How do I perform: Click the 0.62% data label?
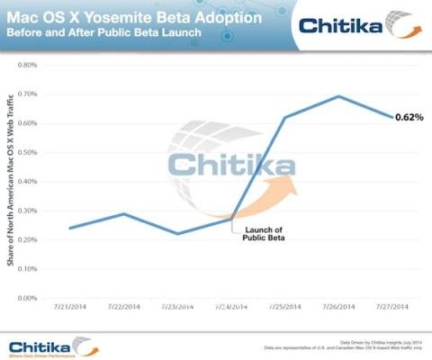point(409,117)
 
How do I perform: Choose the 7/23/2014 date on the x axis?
point(176,308)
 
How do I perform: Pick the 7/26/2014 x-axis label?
point(337,308)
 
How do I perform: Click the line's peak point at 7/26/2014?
point(338,96)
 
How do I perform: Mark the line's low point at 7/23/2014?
point(177,234)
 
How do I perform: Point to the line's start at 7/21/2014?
point(71,228)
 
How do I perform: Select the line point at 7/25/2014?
point(284,118)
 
